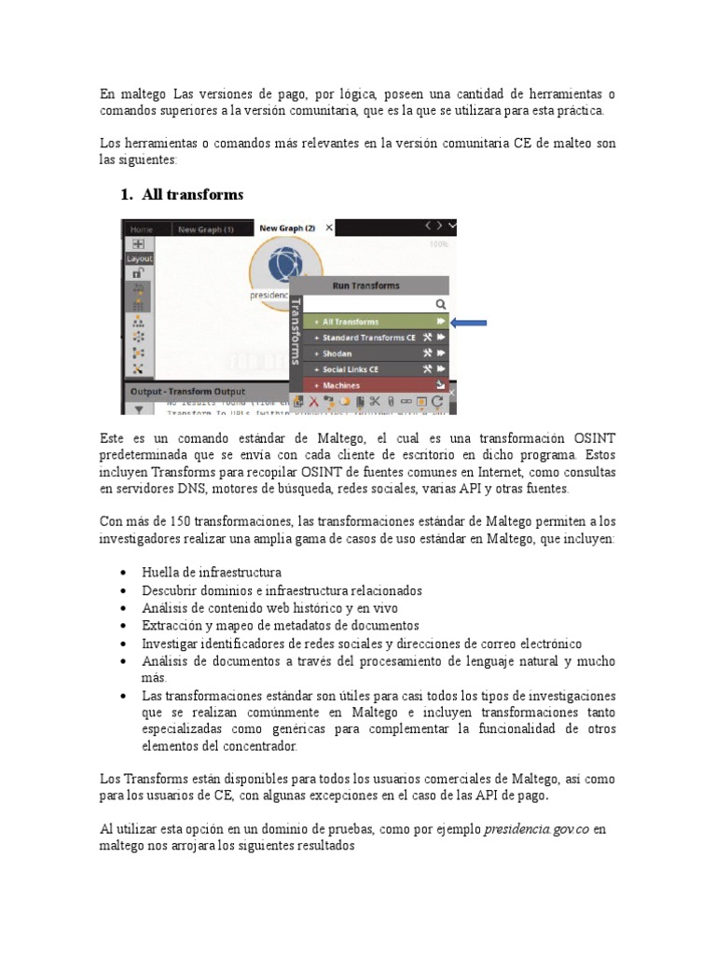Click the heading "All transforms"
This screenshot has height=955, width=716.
[192, 194]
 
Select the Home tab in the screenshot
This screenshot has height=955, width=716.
[142, 228]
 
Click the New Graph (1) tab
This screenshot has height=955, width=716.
[205, 228]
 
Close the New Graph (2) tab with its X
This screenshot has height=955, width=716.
[329, 228]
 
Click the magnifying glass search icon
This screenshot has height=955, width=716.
[441, 304]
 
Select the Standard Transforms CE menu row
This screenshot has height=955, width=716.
[368, 338]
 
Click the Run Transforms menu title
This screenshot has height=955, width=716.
[365, 286]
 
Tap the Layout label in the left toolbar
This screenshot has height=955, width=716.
[140, 258]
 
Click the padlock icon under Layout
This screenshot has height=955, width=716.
[138, 273]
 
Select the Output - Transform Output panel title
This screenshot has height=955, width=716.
[187, 391]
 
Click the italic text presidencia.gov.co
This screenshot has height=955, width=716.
[537, 828]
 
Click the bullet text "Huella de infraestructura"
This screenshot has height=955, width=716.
[211, 572]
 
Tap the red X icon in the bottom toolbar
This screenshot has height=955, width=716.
[314, 401]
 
